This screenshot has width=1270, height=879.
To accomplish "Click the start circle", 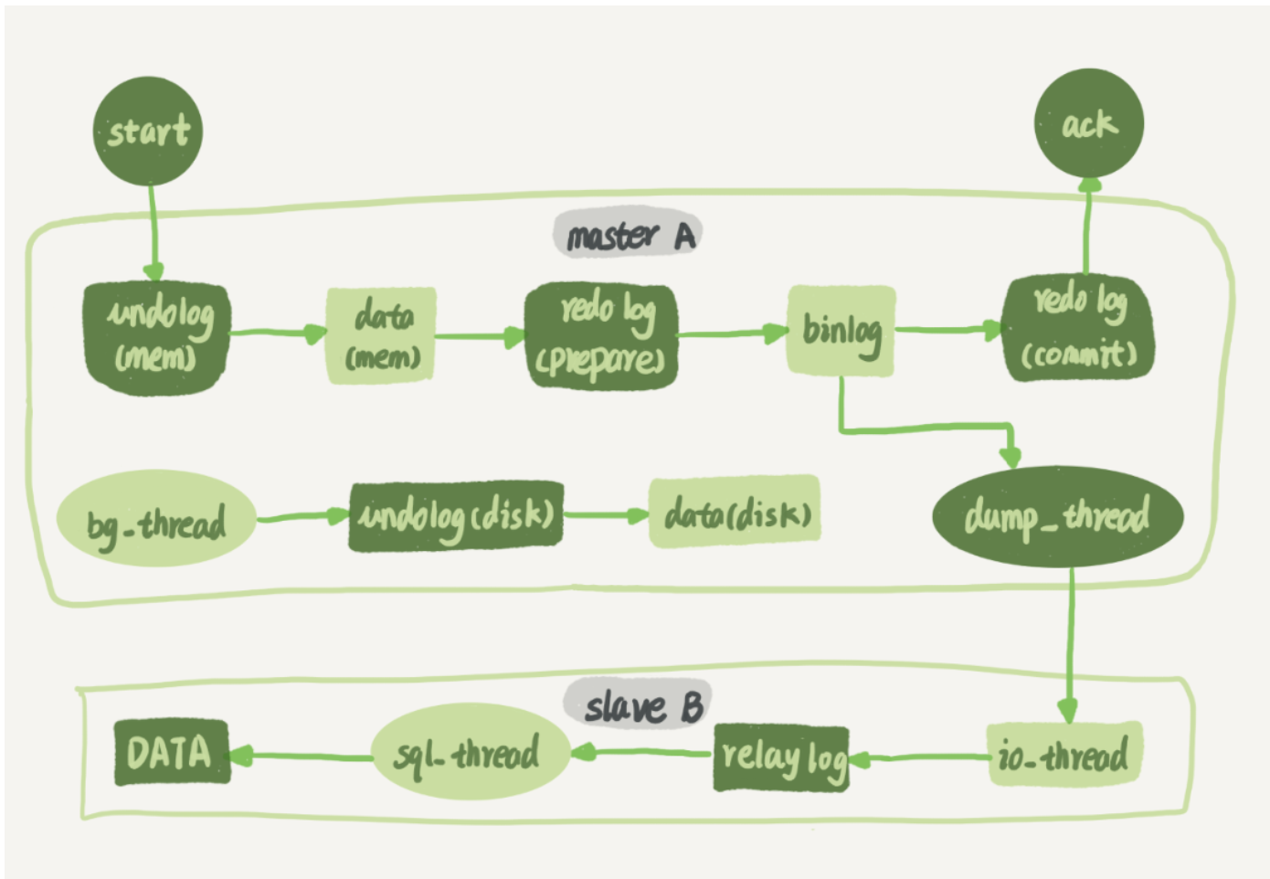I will tap(148, 131).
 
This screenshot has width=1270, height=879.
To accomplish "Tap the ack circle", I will tap(1088, 123).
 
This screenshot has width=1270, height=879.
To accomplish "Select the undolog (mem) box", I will tap(156, 337).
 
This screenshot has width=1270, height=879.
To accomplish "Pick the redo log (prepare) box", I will tap(601, 336).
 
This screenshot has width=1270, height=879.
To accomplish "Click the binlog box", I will tap(841, 330).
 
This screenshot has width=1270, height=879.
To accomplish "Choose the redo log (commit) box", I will tap(1078, 329).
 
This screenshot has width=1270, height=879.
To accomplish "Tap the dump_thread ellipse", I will tap(1057, 516).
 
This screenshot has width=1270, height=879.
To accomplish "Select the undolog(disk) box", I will tap(455, 516).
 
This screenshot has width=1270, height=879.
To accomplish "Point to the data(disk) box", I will tap(734, 513).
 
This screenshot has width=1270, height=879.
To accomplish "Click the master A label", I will tap(628, 235).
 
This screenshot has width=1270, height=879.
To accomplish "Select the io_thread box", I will tap(1064, 755).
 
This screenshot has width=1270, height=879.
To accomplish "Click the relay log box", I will tap(781, 757).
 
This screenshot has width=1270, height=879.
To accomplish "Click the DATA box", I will tap(171, 752).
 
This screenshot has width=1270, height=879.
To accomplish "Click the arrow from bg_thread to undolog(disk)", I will tap(302, 518).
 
